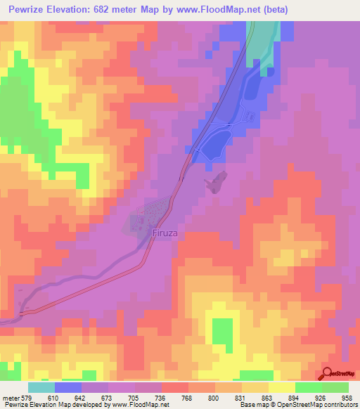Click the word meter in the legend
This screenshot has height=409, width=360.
(10, 398)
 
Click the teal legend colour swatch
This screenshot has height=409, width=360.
(41, 387)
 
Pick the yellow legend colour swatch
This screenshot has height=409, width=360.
(281, 387)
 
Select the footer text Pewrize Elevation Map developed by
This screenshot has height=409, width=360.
(48, 405)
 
